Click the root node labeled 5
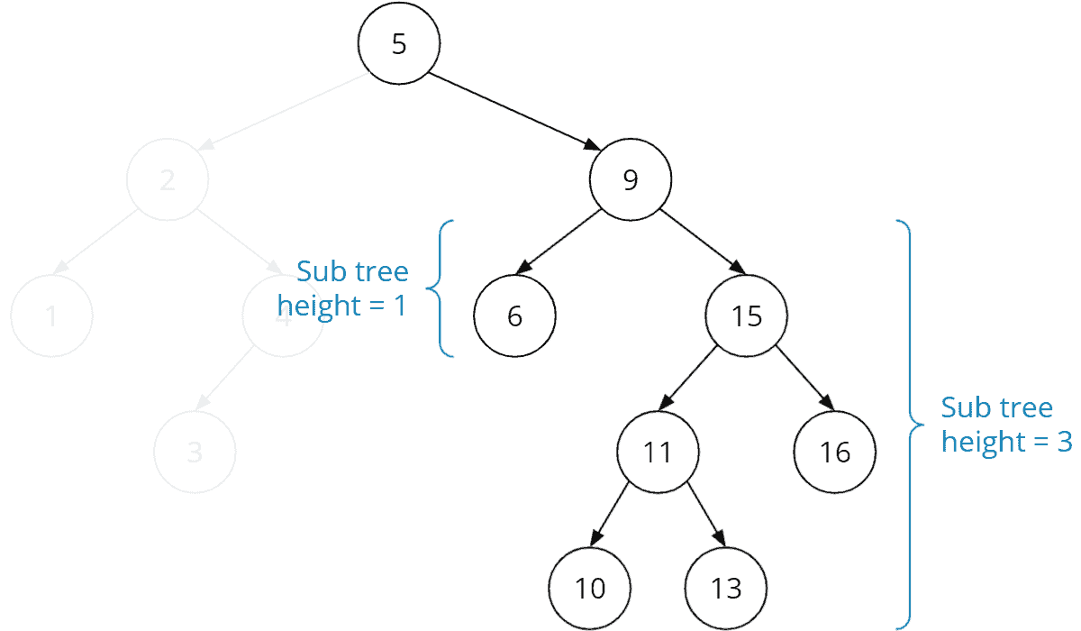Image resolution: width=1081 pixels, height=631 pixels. coord(399,45)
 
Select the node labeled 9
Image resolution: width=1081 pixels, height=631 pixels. coord(631,180)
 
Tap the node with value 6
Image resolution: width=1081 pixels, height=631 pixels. coord(515,316)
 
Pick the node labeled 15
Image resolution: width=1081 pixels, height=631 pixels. coord(747,316)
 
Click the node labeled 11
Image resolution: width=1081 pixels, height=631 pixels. coord(658,452)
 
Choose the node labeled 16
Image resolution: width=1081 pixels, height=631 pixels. coord(835,452)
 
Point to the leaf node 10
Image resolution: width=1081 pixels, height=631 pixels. coord(590,589)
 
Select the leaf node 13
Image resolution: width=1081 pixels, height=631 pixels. coord(725,589)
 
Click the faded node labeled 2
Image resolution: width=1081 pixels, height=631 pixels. coord(168,180)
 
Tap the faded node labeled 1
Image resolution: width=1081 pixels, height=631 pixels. coord(51,316)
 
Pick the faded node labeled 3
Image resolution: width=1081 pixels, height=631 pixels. coord(195,452)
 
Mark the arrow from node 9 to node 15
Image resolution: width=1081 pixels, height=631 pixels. coord(702,242)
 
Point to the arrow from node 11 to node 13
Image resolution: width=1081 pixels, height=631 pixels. coord(705,514)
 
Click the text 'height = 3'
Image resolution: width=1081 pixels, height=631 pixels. coord(1006,442)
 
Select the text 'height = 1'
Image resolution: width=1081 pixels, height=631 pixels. coord(342,305)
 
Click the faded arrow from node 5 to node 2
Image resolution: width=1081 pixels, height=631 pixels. coord(283,112)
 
